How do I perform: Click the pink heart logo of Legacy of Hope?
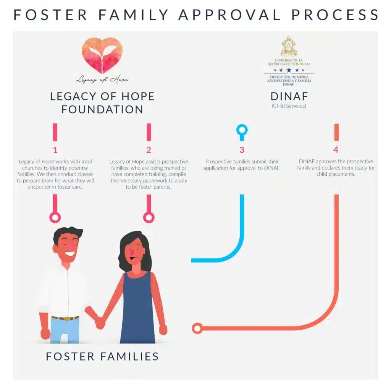102,55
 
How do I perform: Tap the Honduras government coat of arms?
289,47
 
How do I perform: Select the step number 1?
55,150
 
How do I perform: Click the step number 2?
149,150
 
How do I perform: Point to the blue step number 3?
242,150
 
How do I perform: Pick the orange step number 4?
336,150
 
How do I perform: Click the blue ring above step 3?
242,130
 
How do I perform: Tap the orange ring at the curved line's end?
197,328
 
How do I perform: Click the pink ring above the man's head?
55,218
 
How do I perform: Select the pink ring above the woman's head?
149,218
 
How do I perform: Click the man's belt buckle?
67,318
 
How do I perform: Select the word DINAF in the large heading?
289,96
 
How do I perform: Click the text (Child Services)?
289,106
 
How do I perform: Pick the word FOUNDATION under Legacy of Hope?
102,109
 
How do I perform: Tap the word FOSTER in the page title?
50,15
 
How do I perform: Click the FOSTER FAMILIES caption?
102,356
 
